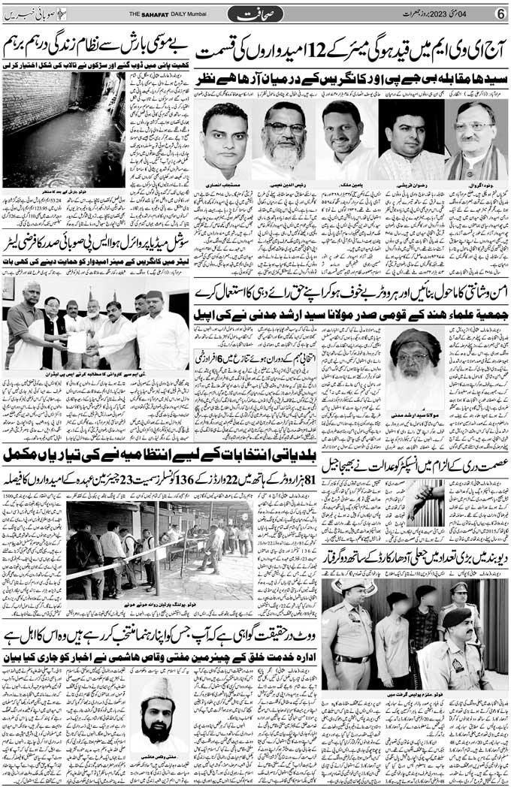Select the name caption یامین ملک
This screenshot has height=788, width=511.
click(344, 184)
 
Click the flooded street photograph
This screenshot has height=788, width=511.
click(64, 128)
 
